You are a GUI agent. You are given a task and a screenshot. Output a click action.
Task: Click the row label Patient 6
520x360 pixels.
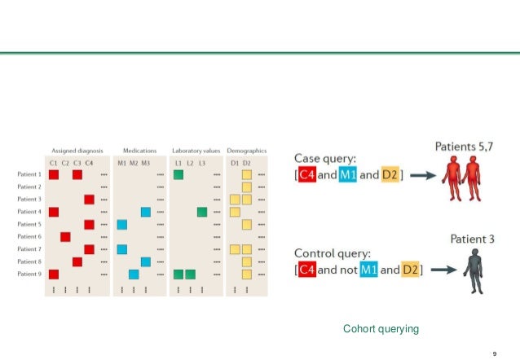click(x=29, y=236)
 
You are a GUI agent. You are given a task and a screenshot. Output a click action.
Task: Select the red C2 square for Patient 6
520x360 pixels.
click(x=65, y=236)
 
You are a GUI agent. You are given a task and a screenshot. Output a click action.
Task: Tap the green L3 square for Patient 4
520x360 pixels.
click(x=201, y=212)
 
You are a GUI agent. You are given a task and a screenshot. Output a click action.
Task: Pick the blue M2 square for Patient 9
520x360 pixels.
click(x=134, y=274)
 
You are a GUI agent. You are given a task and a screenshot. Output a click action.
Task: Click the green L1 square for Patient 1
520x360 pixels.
click(x=178, y=174)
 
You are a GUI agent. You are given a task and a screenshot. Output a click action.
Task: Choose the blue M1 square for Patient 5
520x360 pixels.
click(x=122, y=224)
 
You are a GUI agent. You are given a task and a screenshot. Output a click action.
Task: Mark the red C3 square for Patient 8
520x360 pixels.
click(x=77, y=261)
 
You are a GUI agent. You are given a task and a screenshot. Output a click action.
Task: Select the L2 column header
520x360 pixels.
click(x=190, y=163)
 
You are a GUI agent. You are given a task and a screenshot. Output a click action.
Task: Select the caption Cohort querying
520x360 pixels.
click(x=381, y=328)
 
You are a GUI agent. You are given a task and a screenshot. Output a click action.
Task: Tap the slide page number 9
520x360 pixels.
click(x=496, y=352)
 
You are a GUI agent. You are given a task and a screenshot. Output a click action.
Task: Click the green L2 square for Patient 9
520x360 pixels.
click(x=190, y=274)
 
